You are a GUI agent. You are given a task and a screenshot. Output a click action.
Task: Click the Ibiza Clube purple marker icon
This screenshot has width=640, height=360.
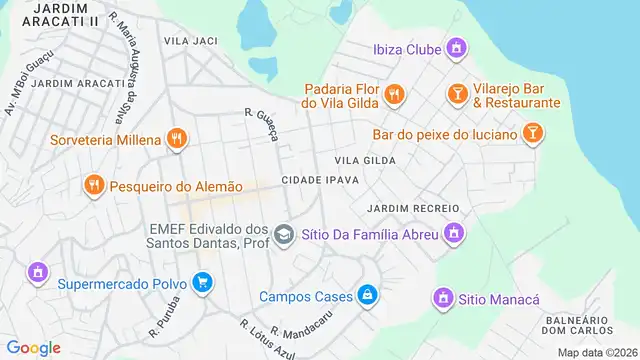click(456, 47)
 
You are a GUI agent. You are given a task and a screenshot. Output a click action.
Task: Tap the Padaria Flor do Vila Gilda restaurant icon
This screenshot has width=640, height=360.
click(395, 94)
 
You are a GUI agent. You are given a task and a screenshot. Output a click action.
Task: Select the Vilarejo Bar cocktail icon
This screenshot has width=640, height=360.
click(457, 94)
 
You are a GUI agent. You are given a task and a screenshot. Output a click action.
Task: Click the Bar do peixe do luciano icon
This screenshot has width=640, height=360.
click(534, 133)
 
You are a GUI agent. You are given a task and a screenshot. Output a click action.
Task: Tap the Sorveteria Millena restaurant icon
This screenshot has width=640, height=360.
click(177, 139)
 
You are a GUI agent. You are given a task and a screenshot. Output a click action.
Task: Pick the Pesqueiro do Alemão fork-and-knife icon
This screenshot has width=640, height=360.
click(94, 185)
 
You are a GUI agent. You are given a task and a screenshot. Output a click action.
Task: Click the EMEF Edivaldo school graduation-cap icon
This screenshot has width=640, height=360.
click(284, 234)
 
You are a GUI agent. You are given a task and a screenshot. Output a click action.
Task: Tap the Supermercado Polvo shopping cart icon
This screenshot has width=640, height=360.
click(203, 283)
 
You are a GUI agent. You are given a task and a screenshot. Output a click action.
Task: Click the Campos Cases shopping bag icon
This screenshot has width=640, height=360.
click(369, 295)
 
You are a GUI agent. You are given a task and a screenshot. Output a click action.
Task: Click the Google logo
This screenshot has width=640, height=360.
click(33, 348)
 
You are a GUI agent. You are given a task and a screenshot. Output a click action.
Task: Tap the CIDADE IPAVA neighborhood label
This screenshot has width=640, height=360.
click(320, 179)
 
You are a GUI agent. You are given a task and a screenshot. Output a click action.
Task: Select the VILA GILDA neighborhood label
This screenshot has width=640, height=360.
click(365, 160)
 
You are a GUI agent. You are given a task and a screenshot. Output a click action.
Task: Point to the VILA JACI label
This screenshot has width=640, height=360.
click(190, 40)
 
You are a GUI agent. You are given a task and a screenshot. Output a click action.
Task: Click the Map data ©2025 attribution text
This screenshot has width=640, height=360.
click(596, 352)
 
